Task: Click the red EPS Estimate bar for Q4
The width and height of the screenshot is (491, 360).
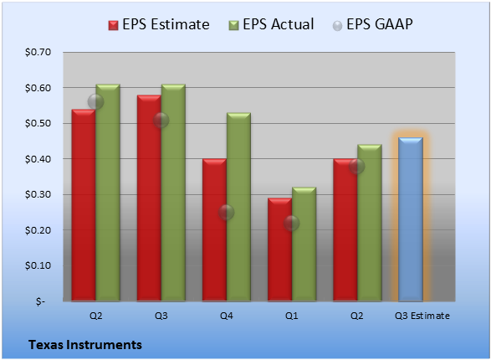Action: (214, 230)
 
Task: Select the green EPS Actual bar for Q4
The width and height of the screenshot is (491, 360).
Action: (238, 207)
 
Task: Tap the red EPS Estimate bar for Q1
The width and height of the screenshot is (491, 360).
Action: (280, 249)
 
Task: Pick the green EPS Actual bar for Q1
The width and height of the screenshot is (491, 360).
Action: (304, 244)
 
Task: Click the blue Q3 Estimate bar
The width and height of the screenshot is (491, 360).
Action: (411, 219)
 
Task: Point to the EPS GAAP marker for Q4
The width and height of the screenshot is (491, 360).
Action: (226, 213)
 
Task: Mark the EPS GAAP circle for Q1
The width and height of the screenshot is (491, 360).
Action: (292, 223)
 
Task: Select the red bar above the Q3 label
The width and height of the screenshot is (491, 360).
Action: (149, 198)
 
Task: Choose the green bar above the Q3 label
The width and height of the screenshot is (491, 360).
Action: (173, 193)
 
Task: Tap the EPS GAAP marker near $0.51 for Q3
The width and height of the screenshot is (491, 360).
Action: (161, 120)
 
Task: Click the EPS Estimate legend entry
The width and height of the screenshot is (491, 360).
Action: (159, 24)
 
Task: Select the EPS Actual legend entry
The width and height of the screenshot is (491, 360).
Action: (271, 24)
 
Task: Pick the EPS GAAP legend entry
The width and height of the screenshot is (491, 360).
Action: (372, 24)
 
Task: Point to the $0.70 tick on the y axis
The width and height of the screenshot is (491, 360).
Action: (38, 52)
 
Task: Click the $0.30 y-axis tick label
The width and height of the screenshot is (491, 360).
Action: (38, 194)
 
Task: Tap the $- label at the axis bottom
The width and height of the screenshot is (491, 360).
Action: (40, 301)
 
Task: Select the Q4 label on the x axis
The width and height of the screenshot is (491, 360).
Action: (226, 316)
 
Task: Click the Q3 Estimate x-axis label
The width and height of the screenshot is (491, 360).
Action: (422, 316)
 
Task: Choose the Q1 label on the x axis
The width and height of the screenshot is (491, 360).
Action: (292, 316)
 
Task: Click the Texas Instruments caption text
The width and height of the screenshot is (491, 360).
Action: (85, 345)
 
